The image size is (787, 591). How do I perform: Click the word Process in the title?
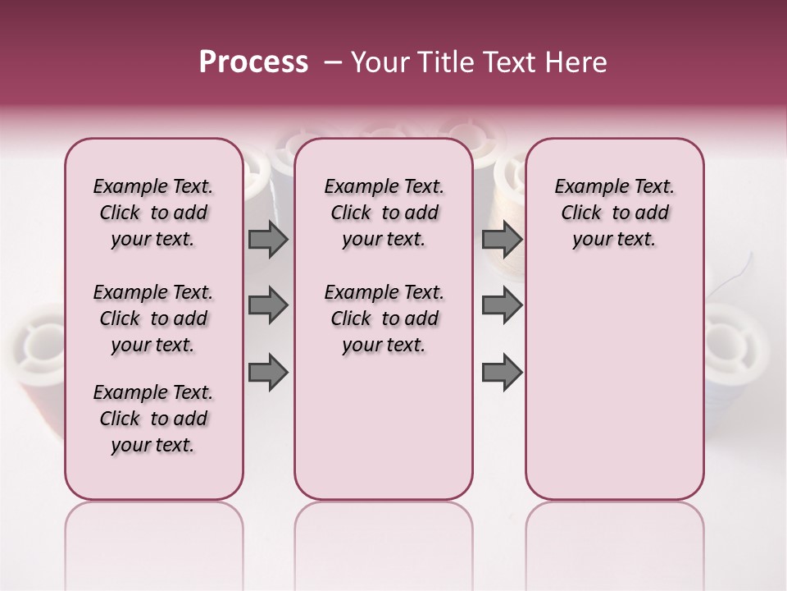(253, 62)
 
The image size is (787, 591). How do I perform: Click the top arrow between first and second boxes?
(268, 240)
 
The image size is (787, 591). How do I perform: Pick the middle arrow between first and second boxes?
(268, 306)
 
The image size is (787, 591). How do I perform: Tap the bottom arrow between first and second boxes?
(268, 373)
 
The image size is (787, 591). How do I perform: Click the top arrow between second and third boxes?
(502, 240)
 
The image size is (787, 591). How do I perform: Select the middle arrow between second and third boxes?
(502, 306)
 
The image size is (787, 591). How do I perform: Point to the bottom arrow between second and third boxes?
(502, 373)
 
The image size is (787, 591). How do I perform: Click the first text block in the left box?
(153, 213)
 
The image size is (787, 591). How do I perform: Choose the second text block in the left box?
(153, 318)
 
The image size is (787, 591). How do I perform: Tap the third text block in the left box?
(153, 419)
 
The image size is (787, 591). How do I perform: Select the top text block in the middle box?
(384, 213)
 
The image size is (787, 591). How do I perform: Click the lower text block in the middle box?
(384, 318)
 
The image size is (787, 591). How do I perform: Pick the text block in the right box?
(614, 213)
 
